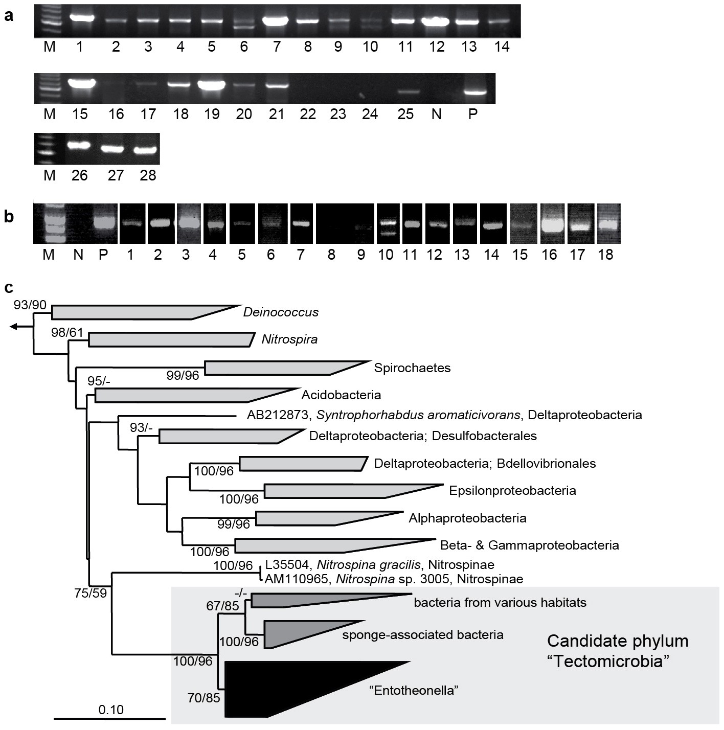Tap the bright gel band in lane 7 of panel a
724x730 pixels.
[276, 21]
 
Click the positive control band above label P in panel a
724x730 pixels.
[472, 93]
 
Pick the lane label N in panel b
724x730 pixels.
[78, 254]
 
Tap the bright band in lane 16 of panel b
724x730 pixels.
[550, 224]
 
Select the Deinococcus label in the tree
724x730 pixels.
[281, 312]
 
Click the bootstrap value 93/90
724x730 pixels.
[30, 305]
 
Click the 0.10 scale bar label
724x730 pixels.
[111, 710]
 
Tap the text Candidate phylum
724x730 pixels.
[617, 641]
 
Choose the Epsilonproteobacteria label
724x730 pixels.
[512, 491]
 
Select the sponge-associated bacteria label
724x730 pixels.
[422, 635]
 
